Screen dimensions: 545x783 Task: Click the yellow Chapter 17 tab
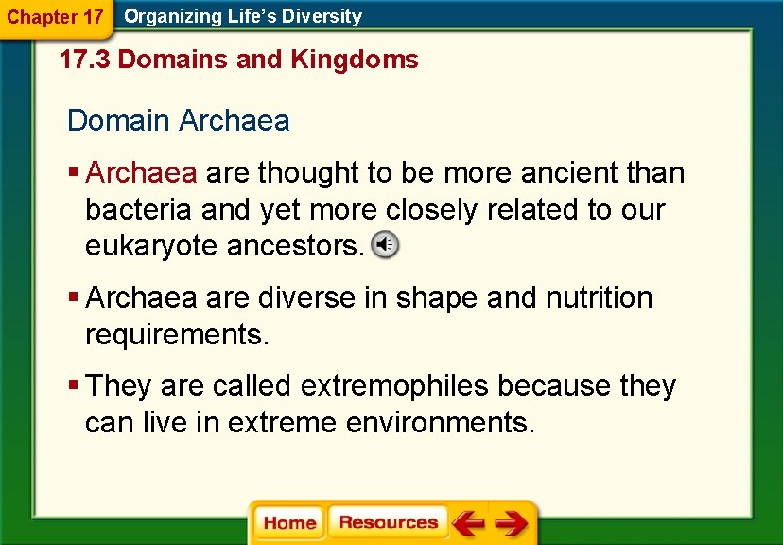click(x=55, y=17)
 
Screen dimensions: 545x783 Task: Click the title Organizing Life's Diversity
click(x=243, y=16)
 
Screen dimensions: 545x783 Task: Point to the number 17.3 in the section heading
click(x=85, y=60)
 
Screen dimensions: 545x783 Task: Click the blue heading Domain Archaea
click(x=179, y=121)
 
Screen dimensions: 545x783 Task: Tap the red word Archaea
click(x=141, y=173)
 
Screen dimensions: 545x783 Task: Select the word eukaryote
click(x=152, y=246)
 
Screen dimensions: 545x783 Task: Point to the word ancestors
click(x=295, y=246)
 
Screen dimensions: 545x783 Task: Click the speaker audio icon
click(x=384, y=245)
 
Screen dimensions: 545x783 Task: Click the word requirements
click(x=177, y=334)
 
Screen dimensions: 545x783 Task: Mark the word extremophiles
click(x=394, y=386)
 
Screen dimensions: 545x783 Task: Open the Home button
click(x=289, y=523)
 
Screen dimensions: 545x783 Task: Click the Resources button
click(x=388, y=522)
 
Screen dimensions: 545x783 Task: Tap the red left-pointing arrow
click(x=467, y=522)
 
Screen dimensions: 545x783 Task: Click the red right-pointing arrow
click(x=512, y=522)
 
